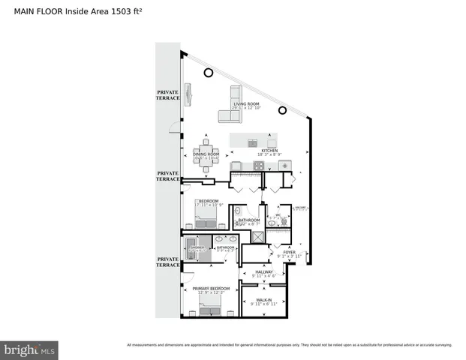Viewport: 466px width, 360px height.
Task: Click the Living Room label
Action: point(245,106)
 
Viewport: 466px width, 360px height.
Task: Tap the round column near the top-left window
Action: point(208,73)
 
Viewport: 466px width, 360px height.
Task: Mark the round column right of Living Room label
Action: point(282,111)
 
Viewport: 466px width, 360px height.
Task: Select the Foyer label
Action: point(289,253)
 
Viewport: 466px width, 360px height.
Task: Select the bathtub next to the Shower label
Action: point(189,247)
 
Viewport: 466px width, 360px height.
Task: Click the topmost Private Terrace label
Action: point(167,94)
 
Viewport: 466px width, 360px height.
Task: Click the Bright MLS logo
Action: point(30,349)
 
